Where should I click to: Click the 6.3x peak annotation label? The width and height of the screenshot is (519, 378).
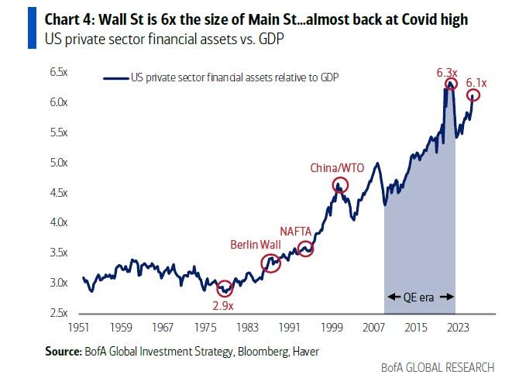coord(445,72)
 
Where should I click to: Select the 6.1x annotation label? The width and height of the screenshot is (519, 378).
coord(476,82)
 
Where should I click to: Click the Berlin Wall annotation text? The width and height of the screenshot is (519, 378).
coord(255,245)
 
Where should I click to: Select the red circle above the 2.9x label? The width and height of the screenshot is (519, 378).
coord(225,289)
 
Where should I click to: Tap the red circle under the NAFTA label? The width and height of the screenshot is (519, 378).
coord(305,249)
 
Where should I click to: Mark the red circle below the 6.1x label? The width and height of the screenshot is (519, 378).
coord(473,95)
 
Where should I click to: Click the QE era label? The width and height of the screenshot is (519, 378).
coord(419,297)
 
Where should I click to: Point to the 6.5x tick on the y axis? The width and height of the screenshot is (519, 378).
coord(60,72)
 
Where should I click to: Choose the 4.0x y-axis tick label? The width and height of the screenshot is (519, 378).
coord(60,222)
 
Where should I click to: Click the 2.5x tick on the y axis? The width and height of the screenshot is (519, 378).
coord(60,313)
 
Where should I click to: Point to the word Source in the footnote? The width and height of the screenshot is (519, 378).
coord(63,352)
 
